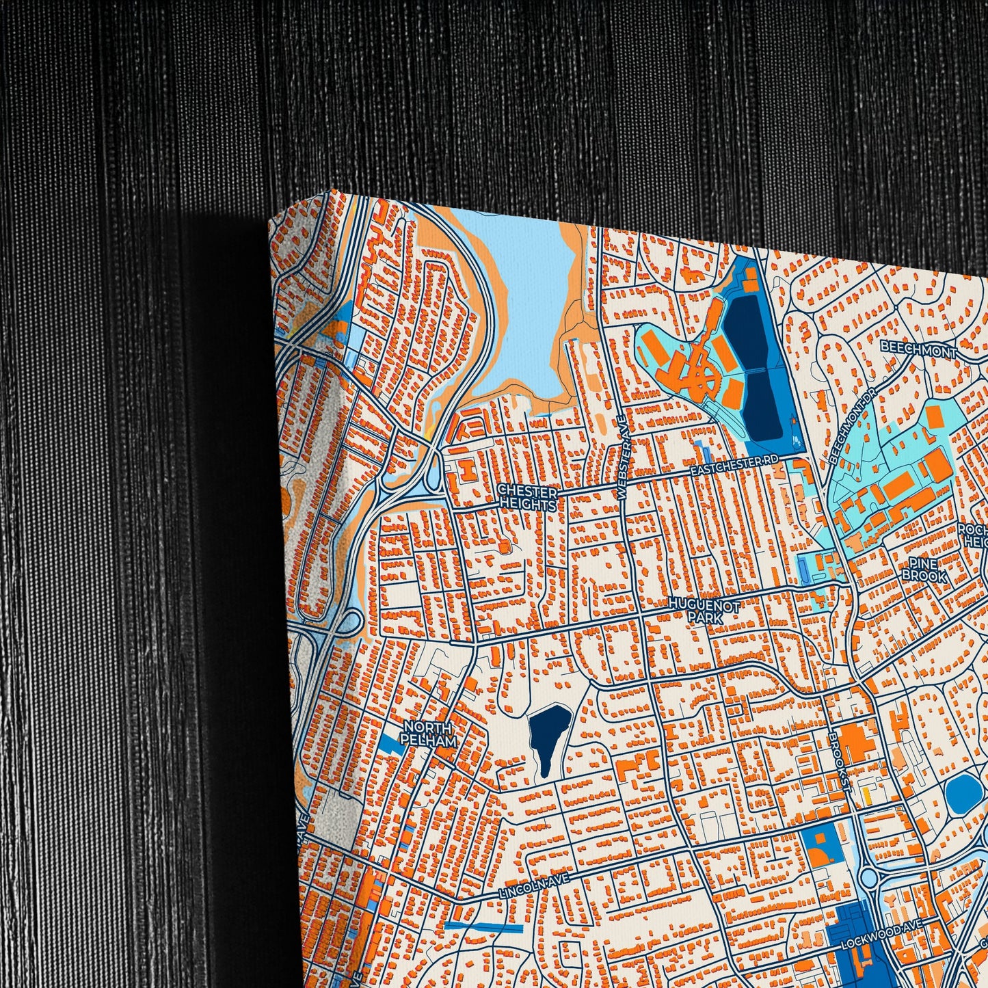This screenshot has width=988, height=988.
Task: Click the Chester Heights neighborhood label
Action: (527, 497)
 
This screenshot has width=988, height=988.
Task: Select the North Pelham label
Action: (429, 733)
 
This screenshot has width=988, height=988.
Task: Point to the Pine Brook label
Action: (924, 569)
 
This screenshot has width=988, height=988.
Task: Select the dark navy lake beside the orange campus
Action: (754, 369)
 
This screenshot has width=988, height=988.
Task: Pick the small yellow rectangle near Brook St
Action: (867, 796)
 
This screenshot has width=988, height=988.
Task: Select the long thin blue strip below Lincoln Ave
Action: (483, 926)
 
